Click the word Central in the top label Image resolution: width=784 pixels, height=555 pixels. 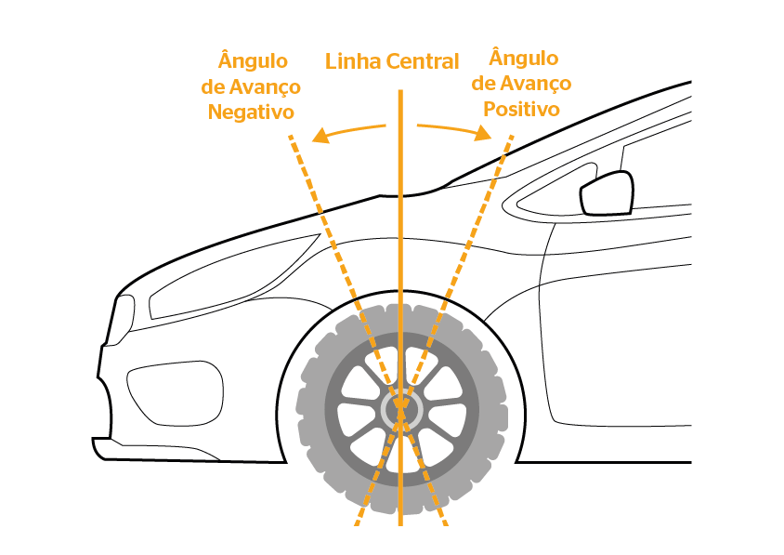(x=423, y=62)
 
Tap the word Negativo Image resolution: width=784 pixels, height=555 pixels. (x=251, y=112)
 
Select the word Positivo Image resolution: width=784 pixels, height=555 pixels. (x=523, y=109)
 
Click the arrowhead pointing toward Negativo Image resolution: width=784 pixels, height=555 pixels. (x=320, y=138)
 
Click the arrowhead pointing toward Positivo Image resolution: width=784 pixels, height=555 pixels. (x=483, y=135)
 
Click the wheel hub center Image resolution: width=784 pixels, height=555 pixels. (x=401, y=407)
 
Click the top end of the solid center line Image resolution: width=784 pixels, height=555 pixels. (x=400, y=92)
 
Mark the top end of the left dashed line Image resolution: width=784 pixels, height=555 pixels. (x=291, y=138)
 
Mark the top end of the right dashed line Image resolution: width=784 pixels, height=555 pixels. (x=511, y=138)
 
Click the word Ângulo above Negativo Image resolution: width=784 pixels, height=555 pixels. (x=253, y=61)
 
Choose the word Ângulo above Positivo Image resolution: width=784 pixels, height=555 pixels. (x=523, y=59)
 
